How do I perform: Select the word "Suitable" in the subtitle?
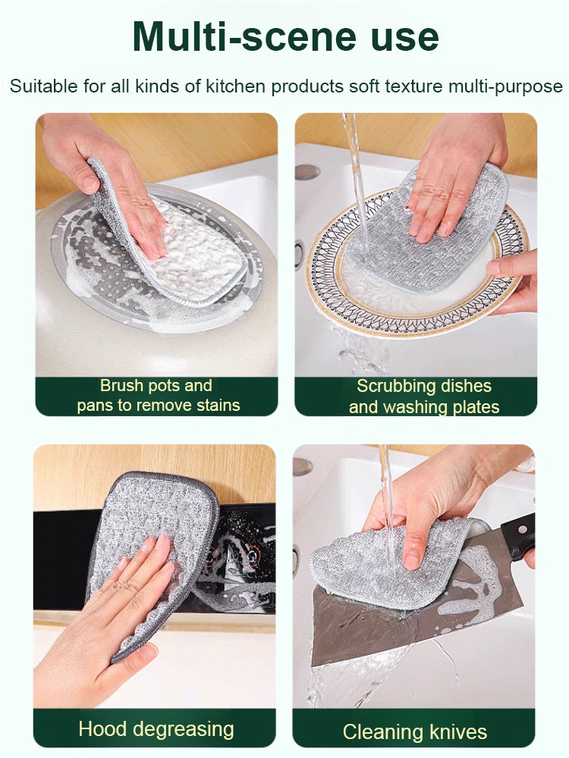(46, 86)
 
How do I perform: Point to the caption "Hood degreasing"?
(156, 729)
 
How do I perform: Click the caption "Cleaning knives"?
(414, 731)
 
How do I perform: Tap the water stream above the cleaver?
(386, 485)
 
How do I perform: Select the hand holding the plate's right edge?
(516, 277)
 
